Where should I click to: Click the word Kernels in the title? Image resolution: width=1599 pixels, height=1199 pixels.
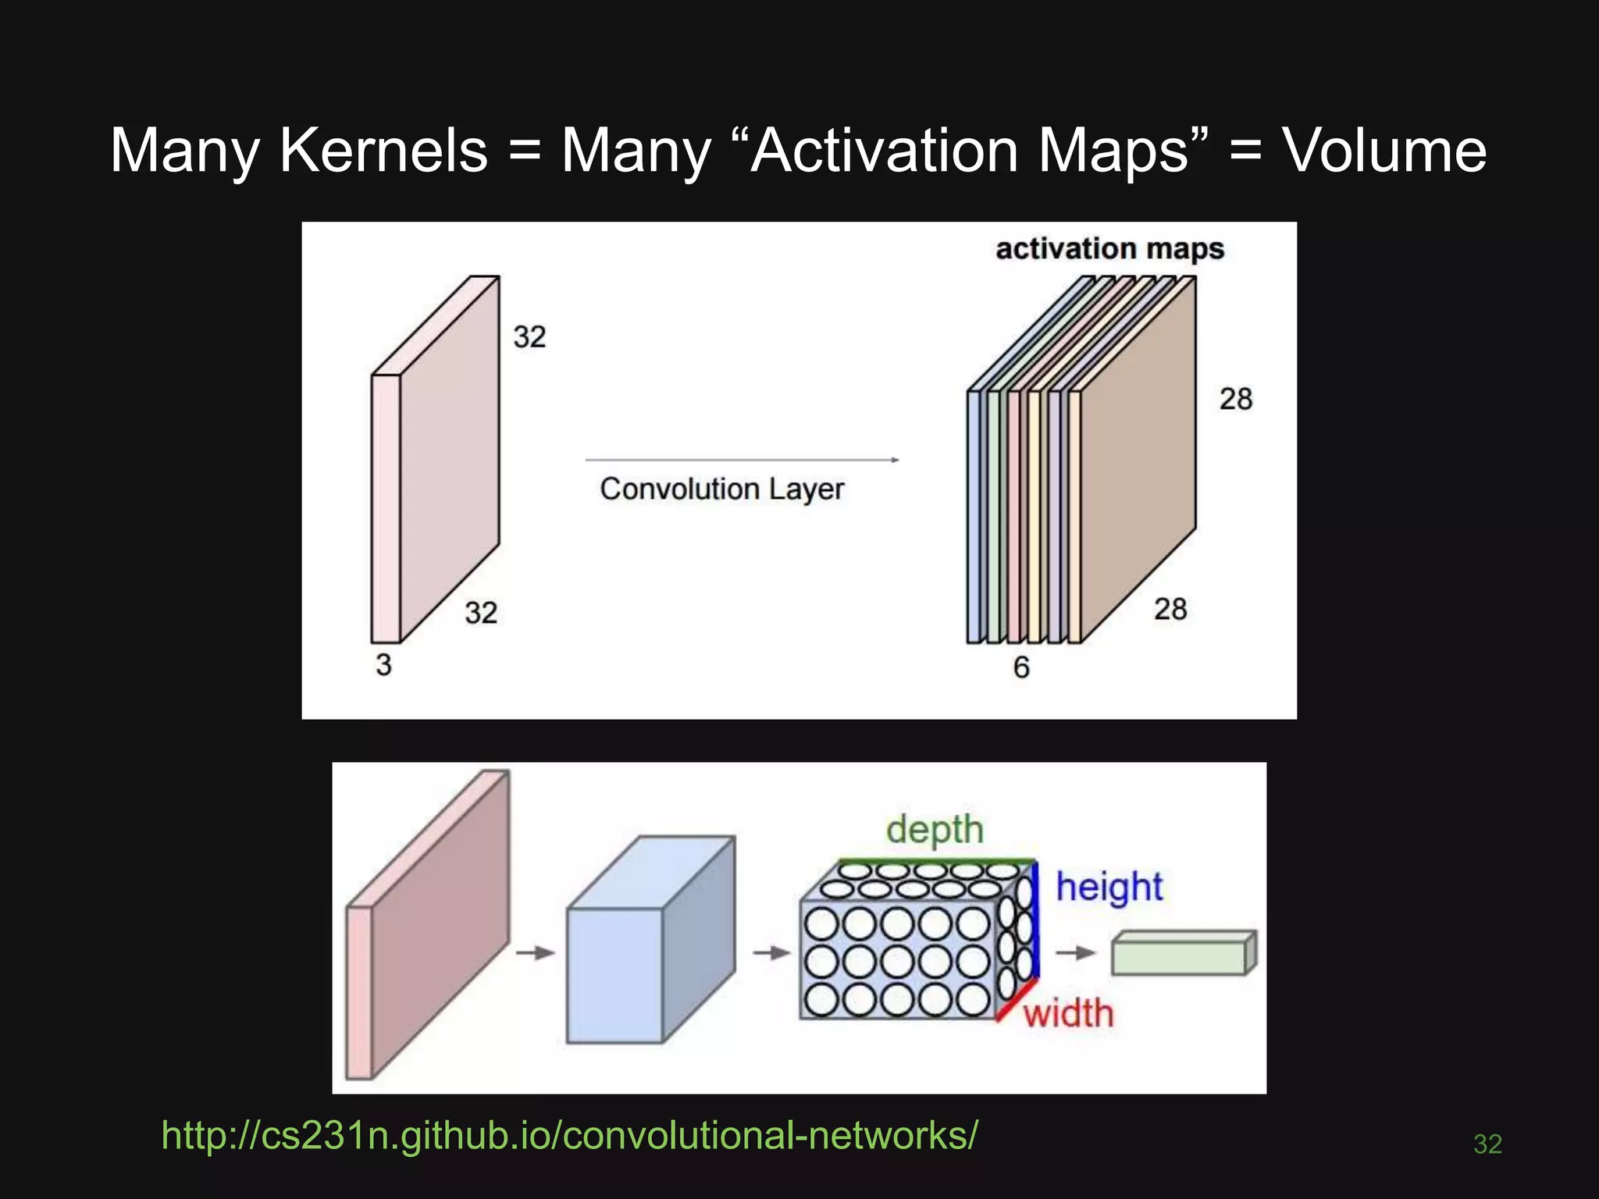(383, 150)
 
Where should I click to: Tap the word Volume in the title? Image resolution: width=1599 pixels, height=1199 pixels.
(1384, 150)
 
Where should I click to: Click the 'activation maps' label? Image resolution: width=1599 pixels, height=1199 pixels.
(1109, 249)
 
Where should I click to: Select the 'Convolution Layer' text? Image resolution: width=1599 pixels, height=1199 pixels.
(721, 489)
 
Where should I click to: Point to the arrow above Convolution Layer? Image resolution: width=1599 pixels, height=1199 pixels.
(742, 461)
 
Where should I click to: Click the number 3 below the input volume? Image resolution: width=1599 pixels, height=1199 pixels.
(383, 665)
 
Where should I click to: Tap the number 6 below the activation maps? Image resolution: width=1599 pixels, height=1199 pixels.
(1021, 667)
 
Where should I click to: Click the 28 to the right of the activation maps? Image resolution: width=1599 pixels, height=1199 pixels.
(1236, 400)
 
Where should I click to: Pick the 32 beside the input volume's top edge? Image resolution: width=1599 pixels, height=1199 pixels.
(529, 337)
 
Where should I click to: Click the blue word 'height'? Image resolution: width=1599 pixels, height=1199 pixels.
(1109, 888)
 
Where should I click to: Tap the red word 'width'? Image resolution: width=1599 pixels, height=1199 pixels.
(1068, 1014)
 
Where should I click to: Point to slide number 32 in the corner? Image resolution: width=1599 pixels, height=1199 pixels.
(1487, 1144)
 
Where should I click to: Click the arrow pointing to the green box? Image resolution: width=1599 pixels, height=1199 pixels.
(1076, 953)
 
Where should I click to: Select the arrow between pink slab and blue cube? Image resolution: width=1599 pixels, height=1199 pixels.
(536, 953)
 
